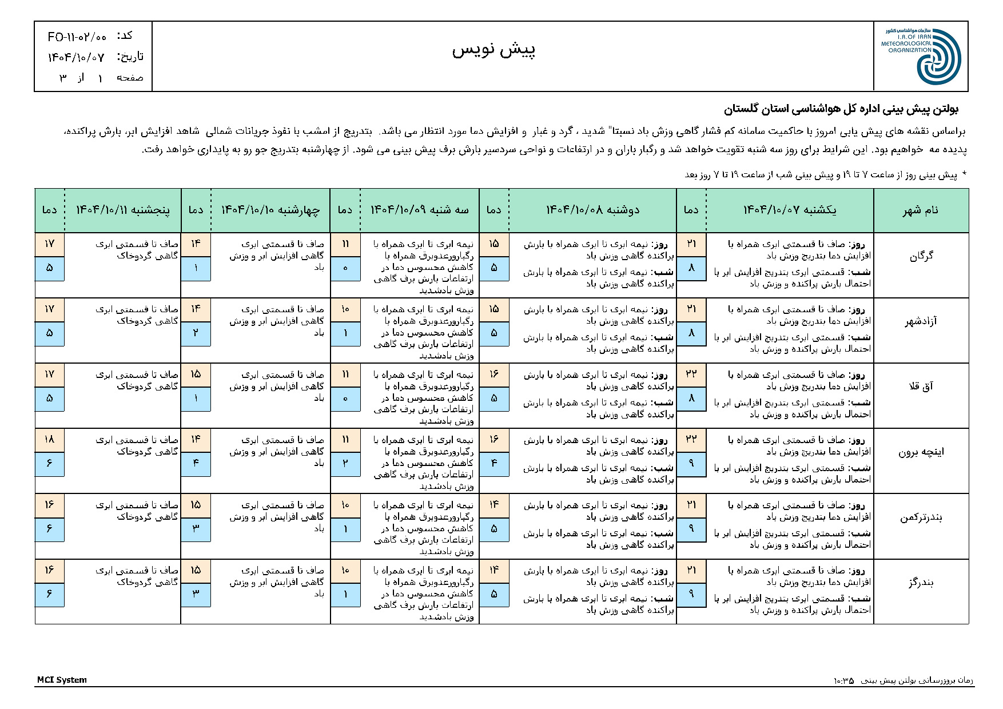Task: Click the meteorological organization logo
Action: pos(921,56)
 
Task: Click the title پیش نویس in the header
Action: pos(493,50)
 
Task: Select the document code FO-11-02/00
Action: pos(77,37)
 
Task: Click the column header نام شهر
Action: pos(921,210)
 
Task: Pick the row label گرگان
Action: pos(921,256)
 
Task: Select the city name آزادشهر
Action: pos(921,321)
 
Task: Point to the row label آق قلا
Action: pos(921,387)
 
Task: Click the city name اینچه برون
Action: pos(921,452)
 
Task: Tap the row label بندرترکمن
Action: pos(921,517)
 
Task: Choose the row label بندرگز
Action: pos(921,583)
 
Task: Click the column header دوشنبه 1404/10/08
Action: pos(592,210)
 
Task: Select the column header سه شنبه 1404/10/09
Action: pos(420,210)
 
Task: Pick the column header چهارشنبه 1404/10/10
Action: pos(270,210)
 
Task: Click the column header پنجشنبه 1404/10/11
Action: pos(123,210)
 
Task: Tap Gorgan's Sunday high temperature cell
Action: pos(691,244)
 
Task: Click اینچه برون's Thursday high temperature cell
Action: pos(49,440)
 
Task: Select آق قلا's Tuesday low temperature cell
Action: pos(345,399)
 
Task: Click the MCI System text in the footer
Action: pos(62,680)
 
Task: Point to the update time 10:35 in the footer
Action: pos(843,680)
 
